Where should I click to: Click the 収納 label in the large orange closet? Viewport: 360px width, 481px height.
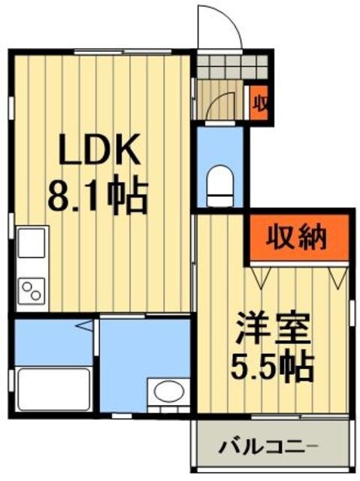(x=298, y=238)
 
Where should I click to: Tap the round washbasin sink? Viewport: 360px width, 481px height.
(x=167, y=392)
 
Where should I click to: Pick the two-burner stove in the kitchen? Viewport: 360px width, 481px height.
(x=32, y=290)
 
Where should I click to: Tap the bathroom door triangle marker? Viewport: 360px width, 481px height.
(x=86, y=327)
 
